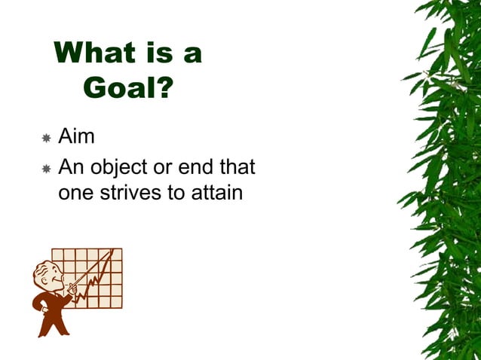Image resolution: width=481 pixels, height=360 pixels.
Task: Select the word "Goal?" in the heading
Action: point(128,88)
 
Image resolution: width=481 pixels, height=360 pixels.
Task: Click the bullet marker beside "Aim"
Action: point(46,139)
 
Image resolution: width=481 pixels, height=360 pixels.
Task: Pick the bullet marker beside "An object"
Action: point(46,167)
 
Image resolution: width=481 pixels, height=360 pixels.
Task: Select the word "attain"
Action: point(216,193)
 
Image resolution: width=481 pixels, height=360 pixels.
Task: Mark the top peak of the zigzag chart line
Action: point(112,252)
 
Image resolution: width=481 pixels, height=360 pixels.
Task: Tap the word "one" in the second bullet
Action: point(75,193)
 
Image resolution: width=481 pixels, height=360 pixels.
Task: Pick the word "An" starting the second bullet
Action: point(71,166)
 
